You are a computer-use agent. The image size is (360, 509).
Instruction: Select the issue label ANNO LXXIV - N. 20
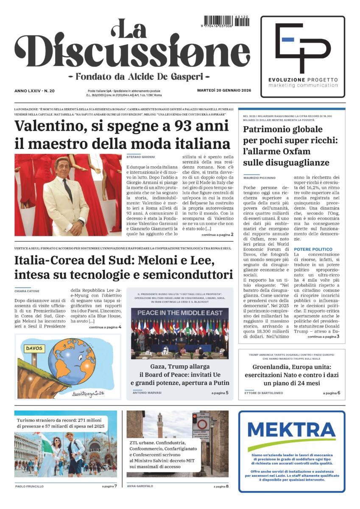click(x=37, y=91)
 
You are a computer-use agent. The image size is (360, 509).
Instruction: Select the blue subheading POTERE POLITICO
click(x=313, y=249)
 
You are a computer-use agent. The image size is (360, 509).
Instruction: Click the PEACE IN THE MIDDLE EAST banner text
click(x=179, y=312)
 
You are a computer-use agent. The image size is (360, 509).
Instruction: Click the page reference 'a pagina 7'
click(x=109, y=486)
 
